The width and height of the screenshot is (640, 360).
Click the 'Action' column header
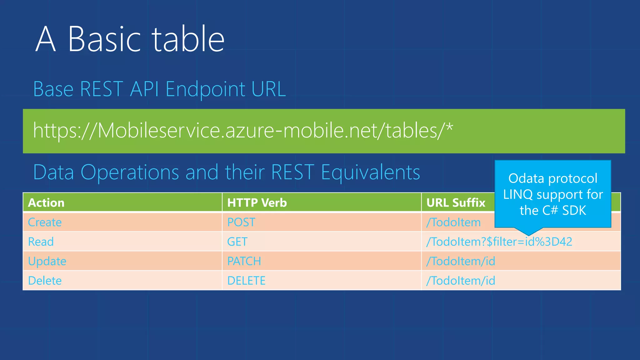tap(46, 203)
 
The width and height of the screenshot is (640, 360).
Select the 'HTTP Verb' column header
tap(257, 203)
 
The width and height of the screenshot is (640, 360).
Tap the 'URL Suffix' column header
tap(456, 203)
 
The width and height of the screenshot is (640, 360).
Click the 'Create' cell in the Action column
tap(45, 222)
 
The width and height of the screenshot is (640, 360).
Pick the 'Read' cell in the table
tap(41, 242)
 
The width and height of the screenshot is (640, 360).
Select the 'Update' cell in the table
tap(47, 261)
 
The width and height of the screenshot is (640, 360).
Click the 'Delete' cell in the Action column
tap(45, 281)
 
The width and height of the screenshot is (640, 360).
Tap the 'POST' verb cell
tap(241, 222)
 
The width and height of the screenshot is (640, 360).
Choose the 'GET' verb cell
tap(237, 242)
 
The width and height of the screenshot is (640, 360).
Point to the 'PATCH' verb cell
tap(244, 261)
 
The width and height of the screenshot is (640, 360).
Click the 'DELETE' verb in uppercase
tap(246, 281)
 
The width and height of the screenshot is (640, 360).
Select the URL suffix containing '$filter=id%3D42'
tap(499, 242)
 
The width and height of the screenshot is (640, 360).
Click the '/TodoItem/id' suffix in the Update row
tap(461, 261)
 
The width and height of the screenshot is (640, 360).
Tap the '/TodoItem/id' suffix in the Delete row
tap(461, 281)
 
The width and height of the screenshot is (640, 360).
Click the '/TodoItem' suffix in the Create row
tap(453, 222)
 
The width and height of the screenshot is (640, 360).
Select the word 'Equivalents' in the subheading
tap(370, 172)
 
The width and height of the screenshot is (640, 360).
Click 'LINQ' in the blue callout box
tap(517, 195)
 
